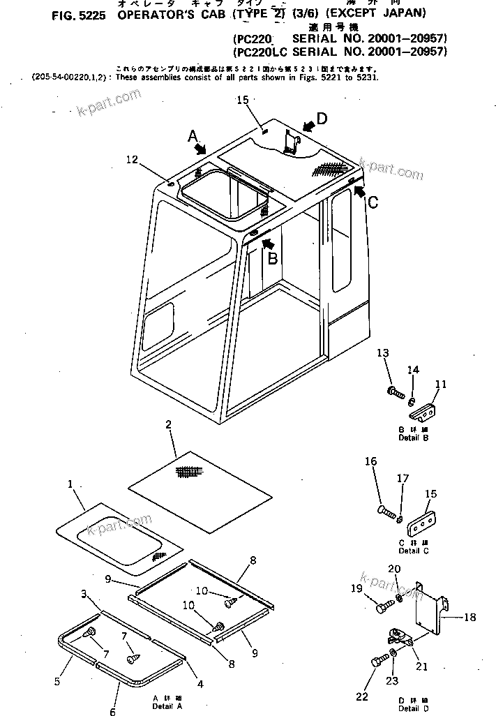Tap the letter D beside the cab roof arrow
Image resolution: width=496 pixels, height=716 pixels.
[320, 118]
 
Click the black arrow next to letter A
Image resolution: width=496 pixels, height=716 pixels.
[202, 149]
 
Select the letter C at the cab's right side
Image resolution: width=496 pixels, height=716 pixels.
[373, 202]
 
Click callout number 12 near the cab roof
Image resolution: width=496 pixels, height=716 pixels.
[133, 160]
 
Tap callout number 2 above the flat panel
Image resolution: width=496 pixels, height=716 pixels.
[168, 424]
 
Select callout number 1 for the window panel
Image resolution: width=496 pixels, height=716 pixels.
[70, 484]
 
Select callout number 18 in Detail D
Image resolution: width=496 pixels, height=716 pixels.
[470, 618]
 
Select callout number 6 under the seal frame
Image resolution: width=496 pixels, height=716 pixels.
[113, 711]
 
